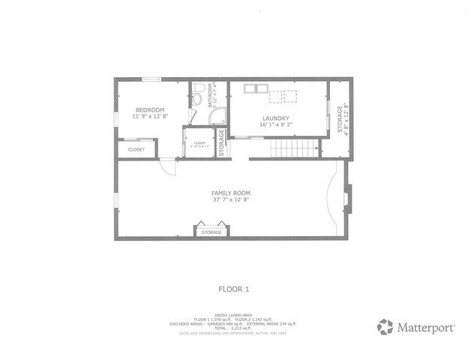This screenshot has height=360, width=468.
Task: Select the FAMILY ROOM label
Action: [229, 193]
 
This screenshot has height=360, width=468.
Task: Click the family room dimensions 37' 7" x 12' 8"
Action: [229, 199]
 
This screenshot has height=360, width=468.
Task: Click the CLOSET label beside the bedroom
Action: [136, 149]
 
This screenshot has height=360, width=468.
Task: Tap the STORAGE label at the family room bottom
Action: [211, 232]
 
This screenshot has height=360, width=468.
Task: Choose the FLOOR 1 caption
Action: [233, 288]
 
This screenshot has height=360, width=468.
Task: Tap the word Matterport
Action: [426, 327]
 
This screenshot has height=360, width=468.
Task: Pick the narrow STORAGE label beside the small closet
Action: [222, 144]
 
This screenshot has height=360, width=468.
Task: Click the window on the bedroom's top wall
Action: [151, 79]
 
